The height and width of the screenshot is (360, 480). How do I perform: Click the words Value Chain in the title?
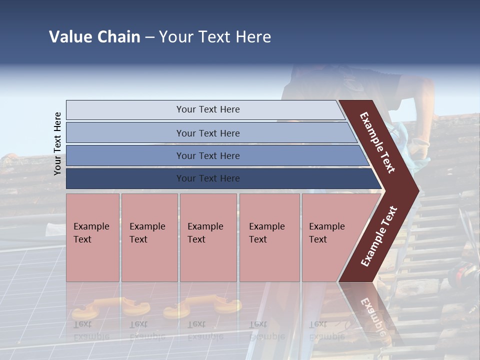click(x=94, y=37)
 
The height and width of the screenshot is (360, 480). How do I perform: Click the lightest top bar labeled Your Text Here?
click(x=207, y=109)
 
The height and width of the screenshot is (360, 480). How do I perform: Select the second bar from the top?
click(x=207, y=133)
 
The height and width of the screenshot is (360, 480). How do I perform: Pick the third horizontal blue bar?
click(x=207, y=155)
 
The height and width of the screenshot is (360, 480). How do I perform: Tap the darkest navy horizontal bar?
click(x=207, y=178)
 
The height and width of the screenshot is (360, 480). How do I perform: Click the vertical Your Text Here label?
click(x=57, y=143)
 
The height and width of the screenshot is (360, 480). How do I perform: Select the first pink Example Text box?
click(x=92, y=237)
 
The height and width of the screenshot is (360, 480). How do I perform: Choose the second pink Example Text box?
click(x=149, y=237)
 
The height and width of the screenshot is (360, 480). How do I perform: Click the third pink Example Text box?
click(x=207, y=237)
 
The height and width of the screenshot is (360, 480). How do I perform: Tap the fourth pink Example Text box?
click(x=269, y=237)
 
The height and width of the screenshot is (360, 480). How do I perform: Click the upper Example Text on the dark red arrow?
click(x=377, y=142)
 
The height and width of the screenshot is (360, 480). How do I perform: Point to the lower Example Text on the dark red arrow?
click(x=379, y=236)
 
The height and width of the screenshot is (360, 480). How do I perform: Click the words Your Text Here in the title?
click(x=215, y=37)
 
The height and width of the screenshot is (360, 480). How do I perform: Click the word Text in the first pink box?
click(x=82, y=239)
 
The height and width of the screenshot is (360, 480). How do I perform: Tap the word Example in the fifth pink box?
click(x=327, y=226)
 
